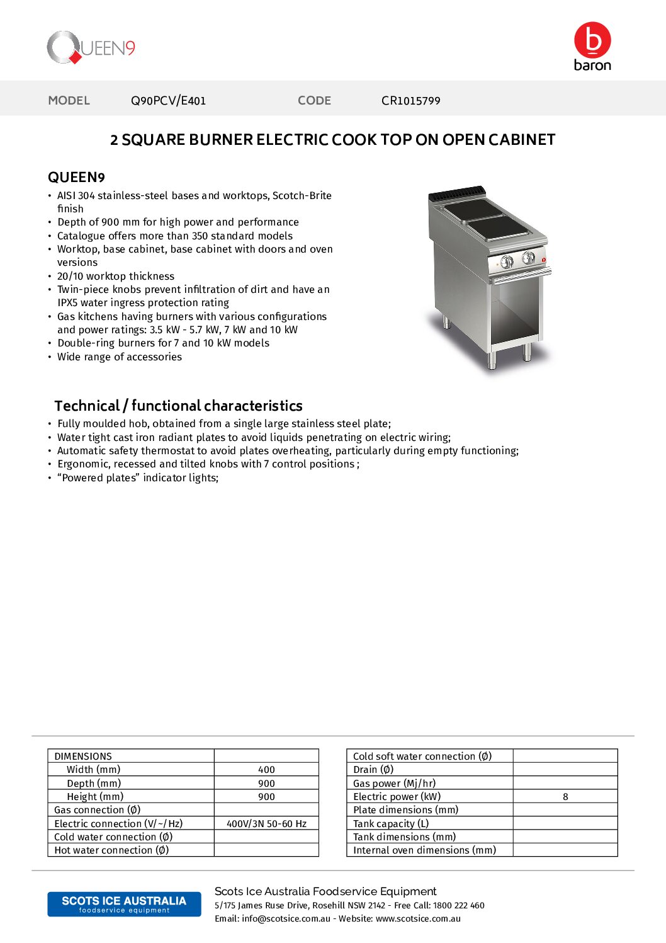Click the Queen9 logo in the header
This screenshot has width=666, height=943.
tap(91, 48)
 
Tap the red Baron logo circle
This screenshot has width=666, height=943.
tap(592, 40)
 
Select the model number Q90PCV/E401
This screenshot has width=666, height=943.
tap(168, 101)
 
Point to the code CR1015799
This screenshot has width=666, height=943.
tap(410, 101)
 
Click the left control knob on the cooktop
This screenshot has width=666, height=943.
tap(507, 261)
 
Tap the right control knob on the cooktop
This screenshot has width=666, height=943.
tap(529, 257)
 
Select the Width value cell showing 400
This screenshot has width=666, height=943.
tap(266, 770)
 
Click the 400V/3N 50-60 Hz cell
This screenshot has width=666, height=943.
tap(266, 824)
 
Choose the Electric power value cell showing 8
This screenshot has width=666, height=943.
tap(565, 797)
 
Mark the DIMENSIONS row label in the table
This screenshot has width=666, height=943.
tap(83, 757)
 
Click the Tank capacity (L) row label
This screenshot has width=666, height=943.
tap(391, 824)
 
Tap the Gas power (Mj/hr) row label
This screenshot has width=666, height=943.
tap(394, 784)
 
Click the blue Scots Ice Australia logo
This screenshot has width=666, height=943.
tap(124, 904)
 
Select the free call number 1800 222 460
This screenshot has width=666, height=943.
tap(459, 906)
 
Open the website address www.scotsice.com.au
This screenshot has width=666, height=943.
tap(418, 919)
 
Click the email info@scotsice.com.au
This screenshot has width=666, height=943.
tap(286, 919)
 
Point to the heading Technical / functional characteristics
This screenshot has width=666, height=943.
tap(178, 406)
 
